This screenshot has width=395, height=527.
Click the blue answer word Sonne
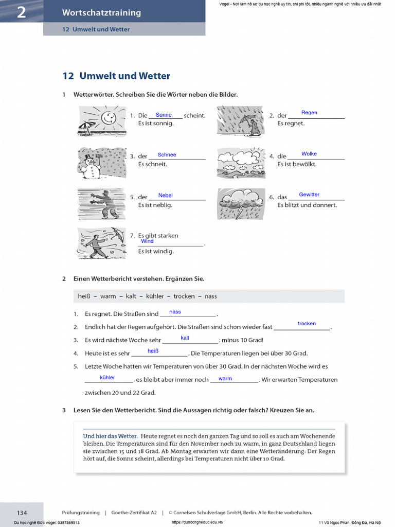click(164, 115)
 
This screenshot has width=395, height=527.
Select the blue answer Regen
click(309, 113)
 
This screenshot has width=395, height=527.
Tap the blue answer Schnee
click(167, 155)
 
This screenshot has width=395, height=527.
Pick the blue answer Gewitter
click(309, 195)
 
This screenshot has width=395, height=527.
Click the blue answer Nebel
click(166, 196)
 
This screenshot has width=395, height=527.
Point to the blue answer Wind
click(148, 241)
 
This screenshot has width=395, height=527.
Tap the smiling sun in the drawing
click(109, 118)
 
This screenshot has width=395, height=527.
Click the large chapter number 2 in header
click(21, 12)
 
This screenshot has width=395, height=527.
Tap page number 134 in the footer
click(22, 513)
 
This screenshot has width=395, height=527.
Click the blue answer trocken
click(307, 324)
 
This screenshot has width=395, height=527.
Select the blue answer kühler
click(107, 378)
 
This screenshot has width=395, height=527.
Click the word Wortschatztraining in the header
click(101, 12)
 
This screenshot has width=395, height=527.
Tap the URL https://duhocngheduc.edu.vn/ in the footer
click(197, 522)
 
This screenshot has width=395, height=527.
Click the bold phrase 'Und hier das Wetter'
click(110, 436)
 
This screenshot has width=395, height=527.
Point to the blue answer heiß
click(153, 351)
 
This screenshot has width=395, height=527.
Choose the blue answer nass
click(175, 312)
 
